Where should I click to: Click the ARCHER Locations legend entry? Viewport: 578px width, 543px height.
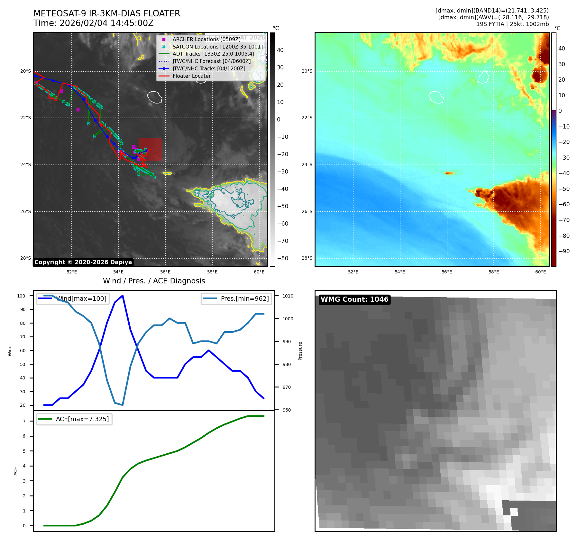coord(206,39)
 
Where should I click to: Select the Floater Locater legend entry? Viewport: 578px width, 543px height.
coord(191,76)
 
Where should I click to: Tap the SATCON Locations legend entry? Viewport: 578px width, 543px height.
coord(217,47)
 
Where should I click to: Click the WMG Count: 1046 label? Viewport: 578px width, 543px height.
coord(354,299)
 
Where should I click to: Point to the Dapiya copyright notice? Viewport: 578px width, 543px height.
coord(83,262)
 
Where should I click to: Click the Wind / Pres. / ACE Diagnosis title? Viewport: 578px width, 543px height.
coord(154,281)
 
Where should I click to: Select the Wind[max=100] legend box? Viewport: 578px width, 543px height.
coord(73,298)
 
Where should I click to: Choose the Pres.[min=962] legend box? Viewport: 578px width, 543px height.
coord(236,298)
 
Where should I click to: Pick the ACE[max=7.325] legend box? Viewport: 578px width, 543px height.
coord(74,419)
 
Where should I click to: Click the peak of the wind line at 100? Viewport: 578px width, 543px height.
coord(123,296)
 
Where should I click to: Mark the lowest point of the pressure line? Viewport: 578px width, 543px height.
coord(123,405)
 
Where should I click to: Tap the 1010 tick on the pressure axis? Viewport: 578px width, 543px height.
coord(288,296)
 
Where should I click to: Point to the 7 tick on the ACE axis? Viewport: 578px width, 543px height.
coord(24,421)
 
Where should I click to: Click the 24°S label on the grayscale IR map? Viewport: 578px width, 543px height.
coord(26,165)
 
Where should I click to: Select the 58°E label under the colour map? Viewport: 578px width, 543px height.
coord(494,272)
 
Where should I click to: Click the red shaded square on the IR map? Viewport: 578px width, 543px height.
coord(150,149)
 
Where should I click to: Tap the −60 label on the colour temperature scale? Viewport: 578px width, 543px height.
coord(564,204)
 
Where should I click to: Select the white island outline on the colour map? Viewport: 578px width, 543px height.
coord(436,97)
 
